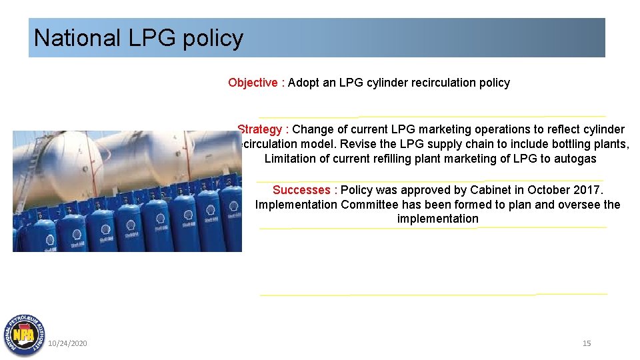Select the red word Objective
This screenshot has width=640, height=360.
pos(253,83)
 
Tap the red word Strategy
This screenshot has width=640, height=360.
pos(259,129)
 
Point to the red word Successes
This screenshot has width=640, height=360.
pos(301,191)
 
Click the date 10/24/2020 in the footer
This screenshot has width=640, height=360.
pos(67,343)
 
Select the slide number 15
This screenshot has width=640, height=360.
pos(587,343)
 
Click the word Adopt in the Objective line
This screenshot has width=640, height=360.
pos(303,83)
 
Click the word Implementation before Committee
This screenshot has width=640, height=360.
pos(297,205)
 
